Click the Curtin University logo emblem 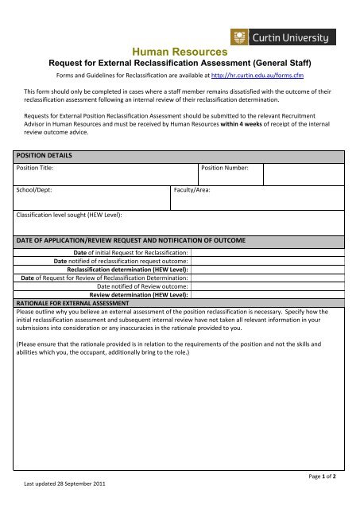coord(238,37)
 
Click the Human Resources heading coord(179,52)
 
